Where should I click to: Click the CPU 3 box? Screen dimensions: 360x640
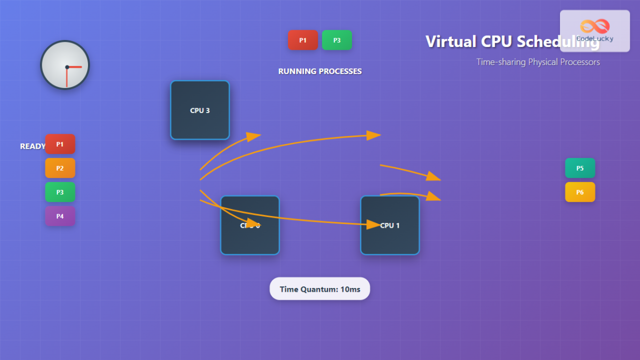[x=200, y=110]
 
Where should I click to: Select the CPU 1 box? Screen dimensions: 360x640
[x=390, y=226]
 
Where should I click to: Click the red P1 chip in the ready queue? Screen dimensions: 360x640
[x=60, y=144]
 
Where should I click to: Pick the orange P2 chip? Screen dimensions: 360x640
[x=60, y=168]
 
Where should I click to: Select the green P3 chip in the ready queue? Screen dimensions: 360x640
[x=60, y=192]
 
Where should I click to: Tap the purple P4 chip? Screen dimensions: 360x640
[x=60, y=216]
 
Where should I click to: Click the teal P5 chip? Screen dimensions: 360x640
[x=580, y=168]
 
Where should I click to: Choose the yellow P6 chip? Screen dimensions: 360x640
[x=580, y=192]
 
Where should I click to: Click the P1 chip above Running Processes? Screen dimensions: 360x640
[x=303, y=40]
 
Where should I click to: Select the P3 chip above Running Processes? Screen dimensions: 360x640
[x=337, y=40]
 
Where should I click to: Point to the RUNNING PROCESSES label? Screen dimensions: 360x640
[x=320, y=71]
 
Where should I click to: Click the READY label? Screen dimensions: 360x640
[x=33, y=146]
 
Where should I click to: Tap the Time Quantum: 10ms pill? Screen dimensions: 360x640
[x=320, y=289]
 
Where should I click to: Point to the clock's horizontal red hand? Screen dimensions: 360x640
[x=75, y=67]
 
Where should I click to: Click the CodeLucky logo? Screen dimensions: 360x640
[x=595, y=30]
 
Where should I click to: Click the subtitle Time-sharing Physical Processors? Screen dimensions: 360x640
[x=538, y=62]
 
